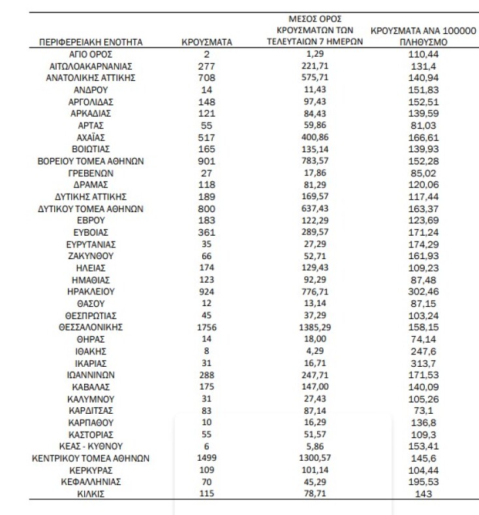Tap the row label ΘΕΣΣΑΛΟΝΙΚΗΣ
91,327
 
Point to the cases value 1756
207,327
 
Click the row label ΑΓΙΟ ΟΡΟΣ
91,55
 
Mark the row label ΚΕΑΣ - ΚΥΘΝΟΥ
91,446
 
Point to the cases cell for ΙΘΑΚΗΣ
207,351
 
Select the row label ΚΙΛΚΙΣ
91,494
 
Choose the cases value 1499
207,458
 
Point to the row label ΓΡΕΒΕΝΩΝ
91,173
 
